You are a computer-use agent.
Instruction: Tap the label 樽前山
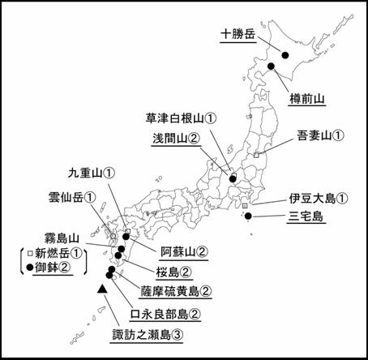point(307,99)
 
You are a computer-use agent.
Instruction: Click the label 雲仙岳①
point(72,197)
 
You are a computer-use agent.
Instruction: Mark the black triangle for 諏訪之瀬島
point(102,289)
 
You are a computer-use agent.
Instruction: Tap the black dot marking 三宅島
point(248,216)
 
